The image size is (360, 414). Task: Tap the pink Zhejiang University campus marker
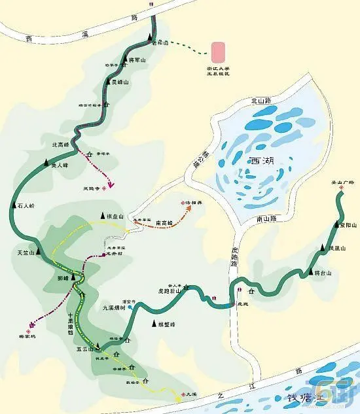[218, 52]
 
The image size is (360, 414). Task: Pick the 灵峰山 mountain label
[120, 82]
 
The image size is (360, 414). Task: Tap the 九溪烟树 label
[113, 311]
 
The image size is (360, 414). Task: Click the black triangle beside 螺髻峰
[154, 324]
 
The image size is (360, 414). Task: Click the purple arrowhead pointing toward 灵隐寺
[111, 185]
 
